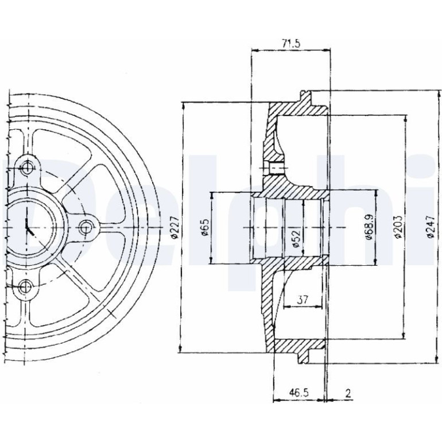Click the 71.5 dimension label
click(291, 44)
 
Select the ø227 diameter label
click(175, 227)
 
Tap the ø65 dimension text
click(206, 227)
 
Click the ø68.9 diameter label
click(370, 227)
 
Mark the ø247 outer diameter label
click(429, 227)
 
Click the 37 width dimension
click(303, 300)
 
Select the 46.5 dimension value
click(299, 393)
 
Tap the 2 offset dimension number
click(348, 393)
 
